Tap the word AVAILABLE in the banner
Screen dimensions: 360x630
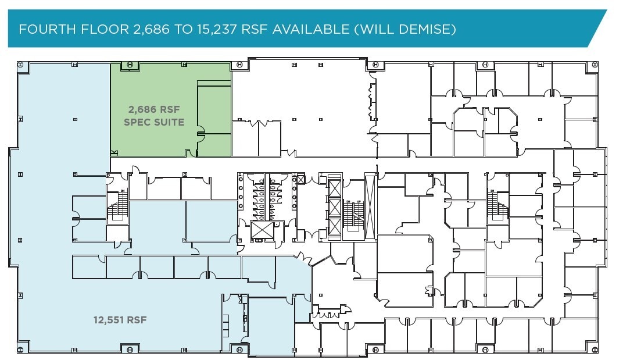(x=319, y=28)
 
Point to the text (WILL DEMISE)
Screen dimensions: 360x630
(x=405, y=28)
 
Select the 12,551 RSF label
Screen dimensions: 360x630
(x=120, y=319)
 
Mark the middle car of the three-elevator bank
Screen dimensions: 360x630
(x=335, y=208)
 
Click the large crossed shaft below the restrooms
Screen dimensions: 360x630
(x=262, y=230)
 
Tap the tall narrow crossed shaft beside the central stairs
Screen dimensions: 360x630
(x=370, y=206)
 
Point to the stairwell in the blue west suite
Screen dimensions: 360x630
(x=120, y=206)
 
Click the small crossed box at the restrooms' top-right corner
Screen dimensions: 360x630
(x=300, y=180)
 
